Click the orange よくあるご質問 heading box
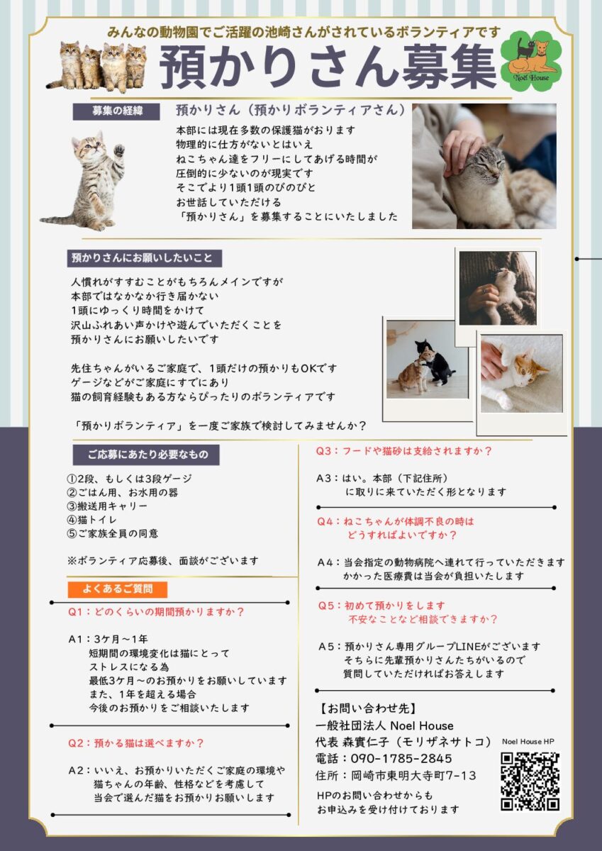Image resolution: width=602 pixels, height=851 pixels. coord(118,589)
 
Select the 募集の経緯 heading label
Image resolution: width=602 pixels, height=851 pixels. coord(116,111)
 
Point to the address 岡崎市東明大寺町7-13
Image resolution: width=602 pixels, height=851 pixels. coord(413,775)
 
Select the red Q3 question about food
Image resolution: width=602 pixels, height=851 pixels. coord(403,451)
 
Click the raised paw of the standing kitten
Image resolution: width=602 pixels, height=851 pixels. coord(119,151)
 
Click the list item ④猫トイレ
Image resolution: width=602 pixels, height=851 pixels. coord(92,519)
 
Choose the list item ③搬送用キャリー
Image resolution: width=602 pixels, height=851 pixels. coord(107,506)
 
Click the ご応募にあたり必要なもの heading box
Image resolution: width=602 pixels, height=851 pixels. coord(146,455)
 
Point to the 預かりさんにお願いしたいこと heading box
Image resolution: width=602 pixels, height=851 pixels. coord(145,258)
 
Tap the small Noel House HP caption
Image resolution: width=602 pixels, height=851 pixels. coord(528,741)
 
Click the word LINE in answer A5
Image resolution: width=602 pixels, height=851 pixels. coord(467,646)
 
